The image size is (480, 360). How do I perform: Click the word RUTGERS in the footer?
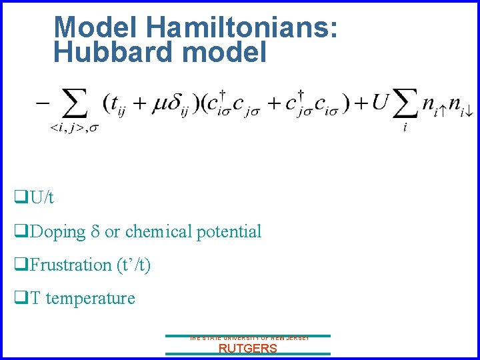point(247,348)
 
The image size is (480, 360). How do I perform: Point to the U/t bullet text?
point(42,198)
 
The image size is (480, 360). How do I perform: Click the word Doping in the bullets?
point(58,232)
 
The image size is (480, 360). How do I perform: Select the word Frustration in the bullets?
point(71,265)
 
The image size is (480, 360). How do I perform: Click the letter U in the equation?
point(380,103)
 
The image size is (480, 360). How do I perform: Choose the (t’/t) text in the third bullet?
point(133,265)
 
